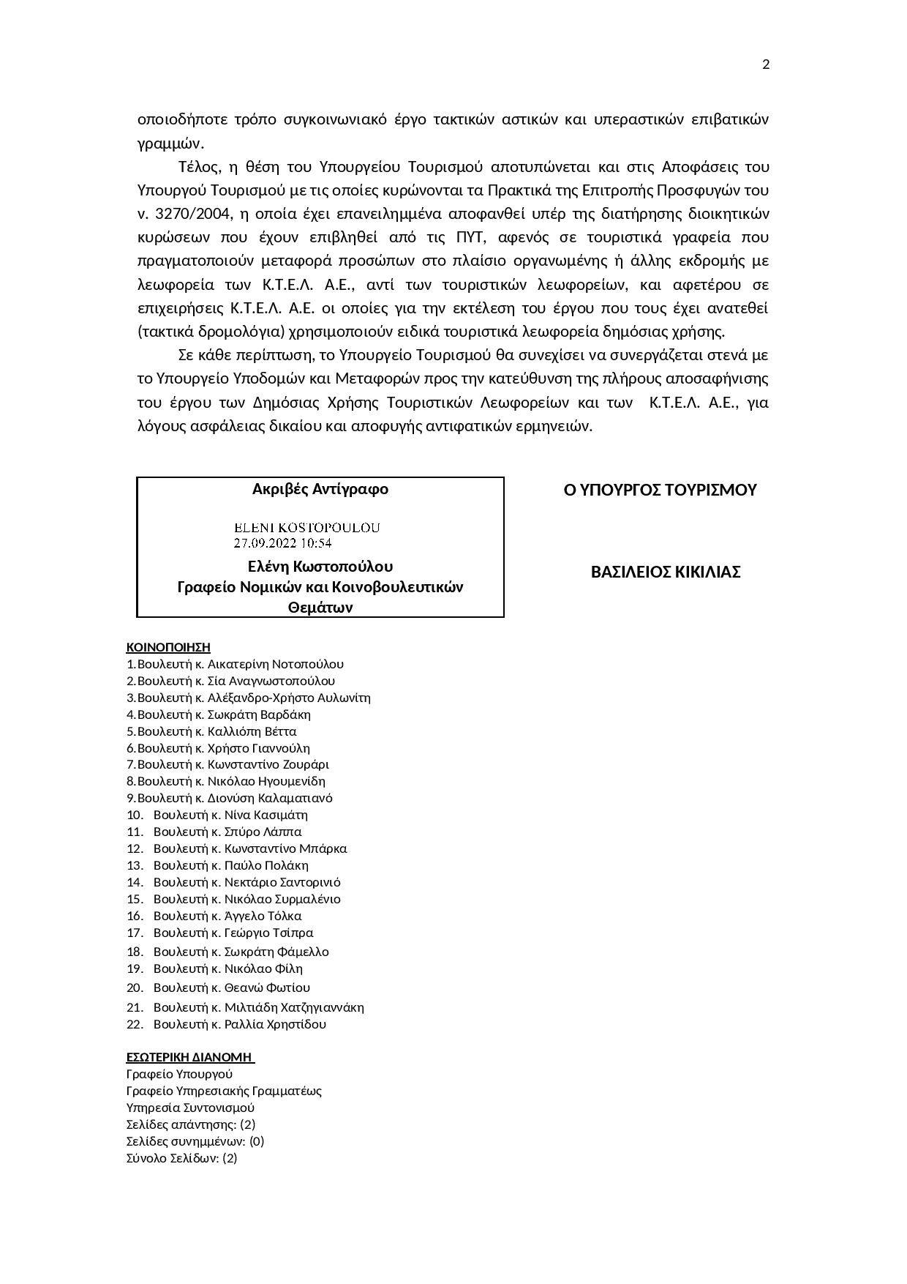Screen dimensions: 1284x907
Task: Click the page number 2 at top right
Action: pyautogui.click(x=766, y=64)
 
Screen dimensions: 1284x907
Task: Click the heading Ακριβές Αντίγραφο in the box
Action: pyautogui.click(x=320, y=489)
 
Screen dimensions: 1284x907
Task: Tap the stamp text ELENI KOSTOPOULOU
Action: pyautogui.click(x=306, y=527)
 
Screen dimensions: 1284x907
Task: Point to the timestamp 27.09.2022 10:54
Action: pyautogui.click(x=282, y=543)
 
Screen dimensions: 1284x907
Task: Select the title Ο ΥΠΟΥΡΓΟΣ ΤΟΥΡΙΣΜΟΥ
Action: pyautogui.click(x=660, y=490)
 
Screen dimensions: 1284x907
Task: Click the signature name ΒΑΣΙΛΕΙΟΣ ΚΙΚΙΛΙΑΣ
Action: pyautogui.click(x=665, y=572)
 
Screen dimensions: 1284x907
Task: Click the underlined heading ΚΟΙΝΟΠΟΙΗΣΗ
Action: pyautogui.click(x=168, y=647)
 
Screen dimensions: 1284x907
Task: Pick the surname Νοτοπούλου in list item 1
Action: pyautogui.click(x=307, y=664)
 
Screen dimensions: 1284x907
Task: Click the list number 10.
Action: pyautogui.click(x=135, y=815)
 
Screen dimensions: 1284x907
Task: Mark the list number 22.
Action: pyautogui.click(x=135, y=1024)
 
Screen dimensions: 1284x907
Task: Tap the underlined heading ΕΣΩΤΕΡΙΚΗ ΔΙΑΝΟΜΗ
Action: pyautogui.click(x=189, y=1057)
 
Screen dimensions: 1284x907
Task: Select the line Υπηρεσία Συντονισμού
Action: pyautogui.click(x=190, y=1108)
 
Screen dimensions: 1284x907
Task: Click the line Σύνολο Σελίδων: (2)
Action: pyautogui.click(x=181, y=1158)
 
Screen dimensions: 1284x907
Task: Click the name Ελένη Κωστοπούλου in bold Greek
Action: pyautogui.click(x=320, y=567)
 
